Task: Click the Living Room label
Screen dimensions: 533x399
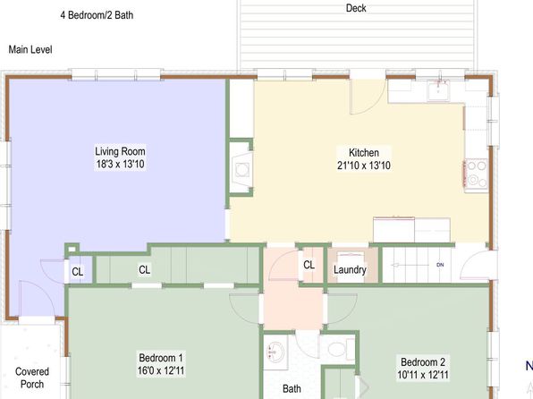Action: click(120, 151)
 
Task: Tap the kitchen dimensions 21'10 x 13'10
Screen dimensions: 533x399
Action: click(364, 166)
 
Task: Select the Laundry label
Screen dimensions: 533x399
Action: click(350, 270)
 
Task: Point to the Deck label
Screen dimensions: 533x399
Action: click(356, 8)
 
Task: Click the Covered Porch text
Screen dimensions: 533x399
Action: click(32, 378)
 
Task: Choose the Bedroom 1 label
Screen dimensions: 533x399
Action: click(161, 358)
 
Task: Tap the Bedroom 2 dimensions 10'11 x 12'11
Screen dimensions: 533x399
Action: click(423, 375)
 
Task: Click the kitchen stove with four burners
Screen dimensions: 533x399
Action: click(476, 174)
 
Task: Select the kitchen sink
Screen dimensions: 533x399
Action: click(438, 91)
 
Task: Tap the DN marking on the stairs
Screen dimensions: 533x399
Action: click(440, 265)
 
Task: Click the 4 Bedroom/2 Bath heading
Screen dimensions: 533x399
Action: click(97, 15)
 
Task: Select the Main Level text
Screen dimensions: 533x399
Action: click(30, 50)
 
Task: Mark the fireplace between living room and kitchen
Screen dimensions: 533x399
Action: click(241, 167)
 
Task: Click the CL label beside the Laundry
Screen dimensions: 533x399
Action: click(309, 265)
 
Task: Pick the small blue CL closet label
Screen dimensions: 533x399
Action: click(78, 272)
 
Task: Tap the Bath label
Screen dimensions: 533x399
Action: click(292, 388)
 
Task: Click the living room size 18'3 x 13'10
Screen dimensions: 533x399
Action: click(121, 164)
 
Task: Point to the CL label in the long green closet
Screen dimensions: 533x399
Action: click(145, 270)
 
